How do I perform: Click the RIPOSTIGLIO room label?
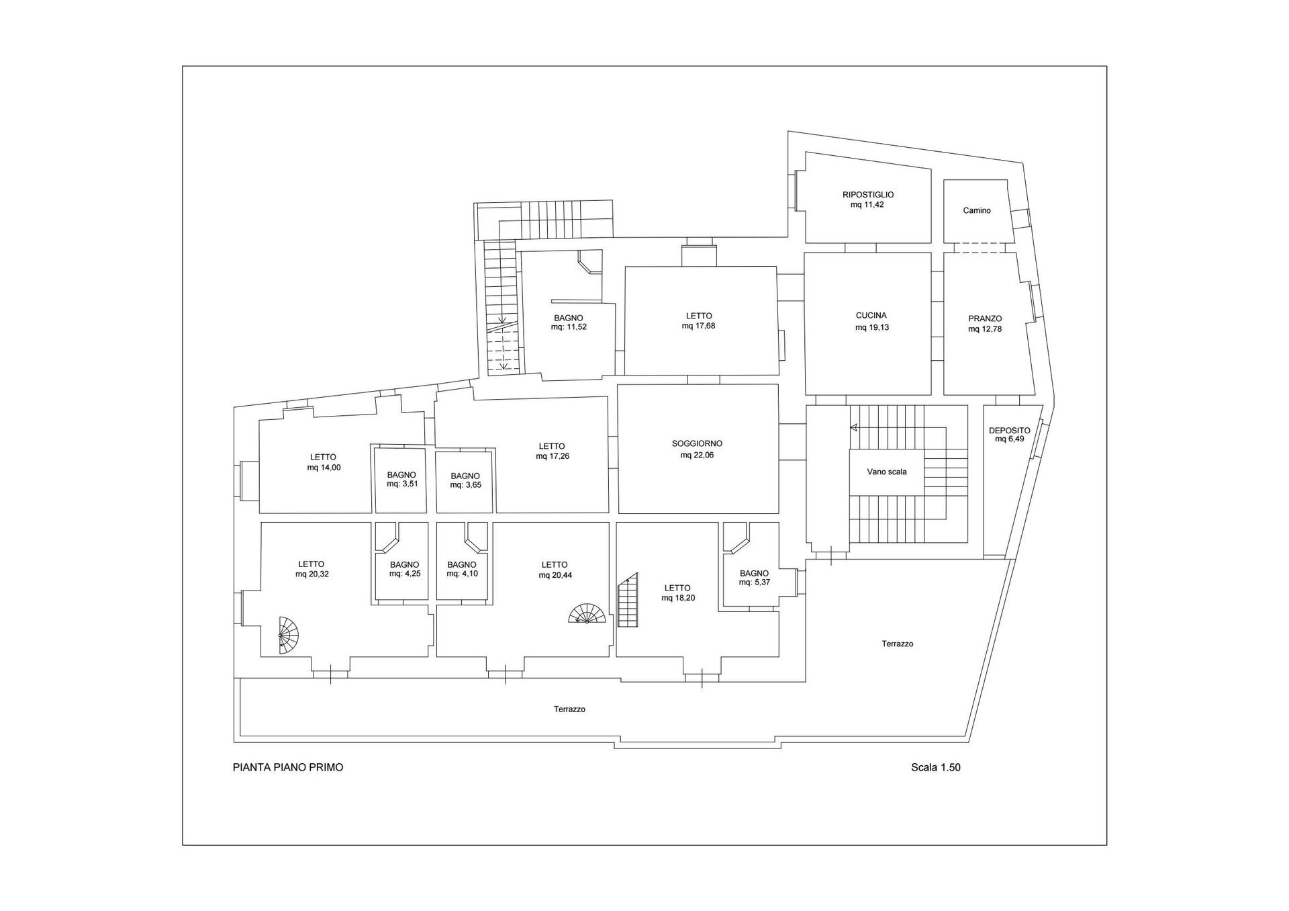click(868, 195)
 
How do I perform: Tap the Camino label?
click(977, 210)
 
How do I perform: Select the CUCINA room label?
click(871, 315)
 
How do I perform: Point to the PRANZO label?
click(985, 318)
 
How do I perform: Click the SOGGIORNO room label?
click(697, 443)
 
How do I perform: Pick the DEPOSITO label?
click(1009, 431)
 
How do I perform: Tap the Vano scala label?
click(887, 472)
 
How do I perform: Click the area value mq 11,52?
click(569, 328)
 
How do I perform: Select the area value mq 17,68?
click(699, 326)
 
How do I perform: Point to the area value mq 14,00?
click(324, 468)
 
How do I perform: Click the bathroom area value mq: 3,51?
click(401, 484)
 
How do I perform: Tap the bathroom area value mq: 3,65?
click(465, 485)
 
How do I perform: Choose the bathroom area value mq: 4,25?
click(404, 574)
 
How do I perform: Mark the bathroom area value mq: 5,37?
click(754, 582)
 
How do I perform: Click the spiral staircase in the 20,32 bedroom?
click(289, 635)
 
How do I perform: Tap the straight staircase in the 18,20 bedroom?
click(628, 600)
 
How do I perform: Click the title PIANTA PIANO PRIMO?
click(288, 767)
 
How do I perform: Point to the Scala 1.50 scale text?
click(936, 767)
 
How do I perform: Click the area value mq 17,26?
click(553, 456)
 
